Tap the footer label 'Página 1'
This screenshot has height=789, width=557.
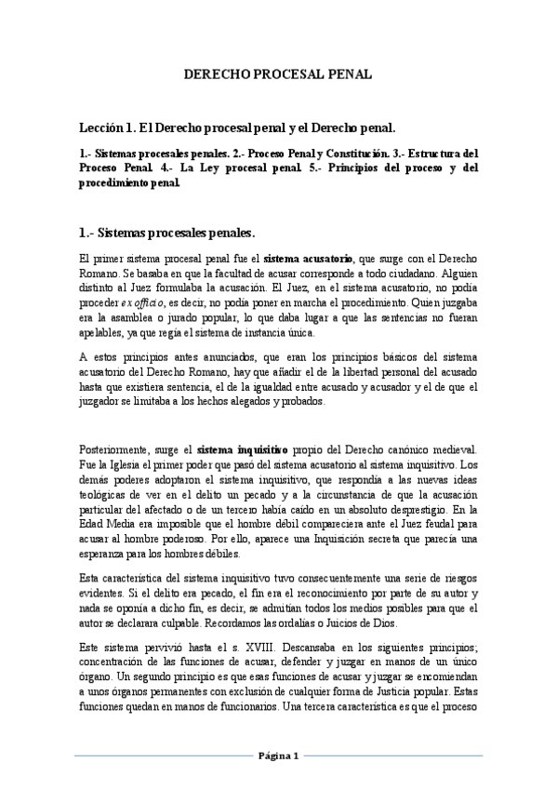tap(278, 756)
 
